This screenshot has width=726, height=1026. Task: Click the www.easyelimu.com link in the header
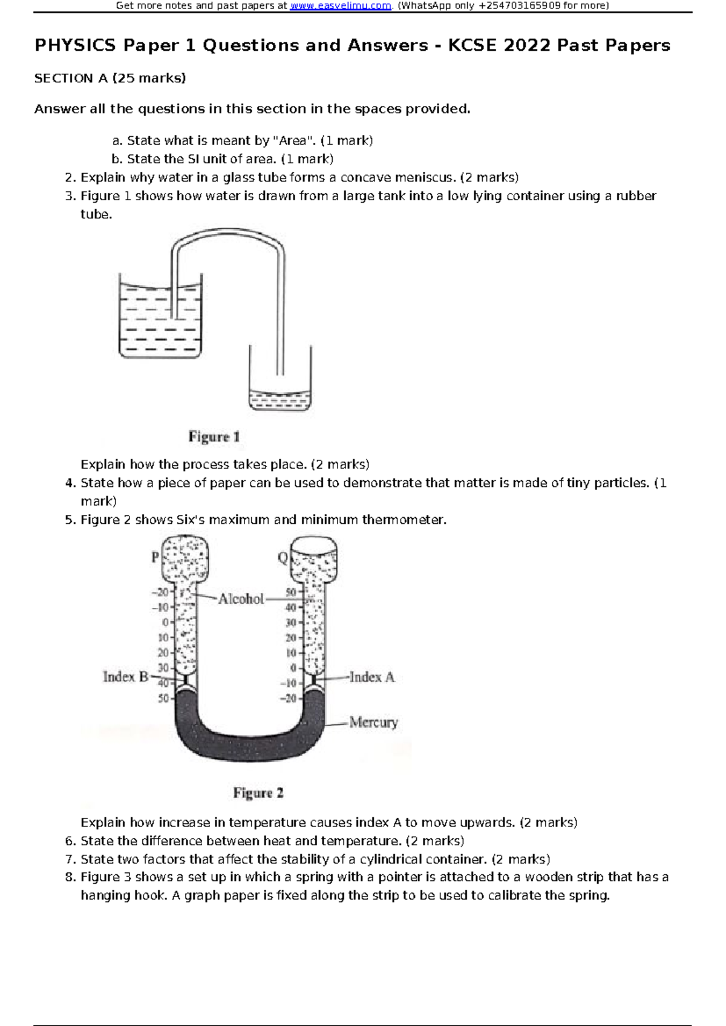(x=341, y=6)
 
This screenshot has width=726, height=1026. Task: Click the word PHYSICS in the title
(x=75, y=45)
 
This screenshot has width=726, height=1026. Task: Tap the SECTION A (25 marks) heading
(x=110, y=78)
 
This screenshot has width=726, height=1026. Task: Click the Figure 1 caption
(x=214, y=437)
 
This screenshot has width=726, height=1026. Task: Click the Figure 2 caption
(x=258, y=793)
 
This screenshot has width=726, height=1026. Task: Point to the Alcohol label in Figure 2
(x=241, y=599)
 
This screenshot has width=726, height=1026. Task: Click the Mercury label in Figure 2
(x=373, y=722)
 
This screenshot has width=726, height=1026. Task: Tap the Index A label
(x=371, y=678)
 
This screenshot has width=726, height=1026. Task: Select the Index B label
(x=125, y=677)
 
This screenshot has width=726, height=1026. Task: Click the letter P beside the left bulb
(x=155, y=557)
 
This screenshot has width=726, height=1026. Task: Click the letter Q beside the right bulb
(x=283, y=558)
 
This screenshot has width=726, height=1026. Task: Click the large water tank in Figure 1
(x=160, y=321)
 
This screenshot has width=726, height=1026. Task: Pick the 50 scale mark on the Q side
(x=291, y=592)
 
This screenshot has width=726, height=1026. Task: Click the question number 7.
(x=70, y=860)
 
